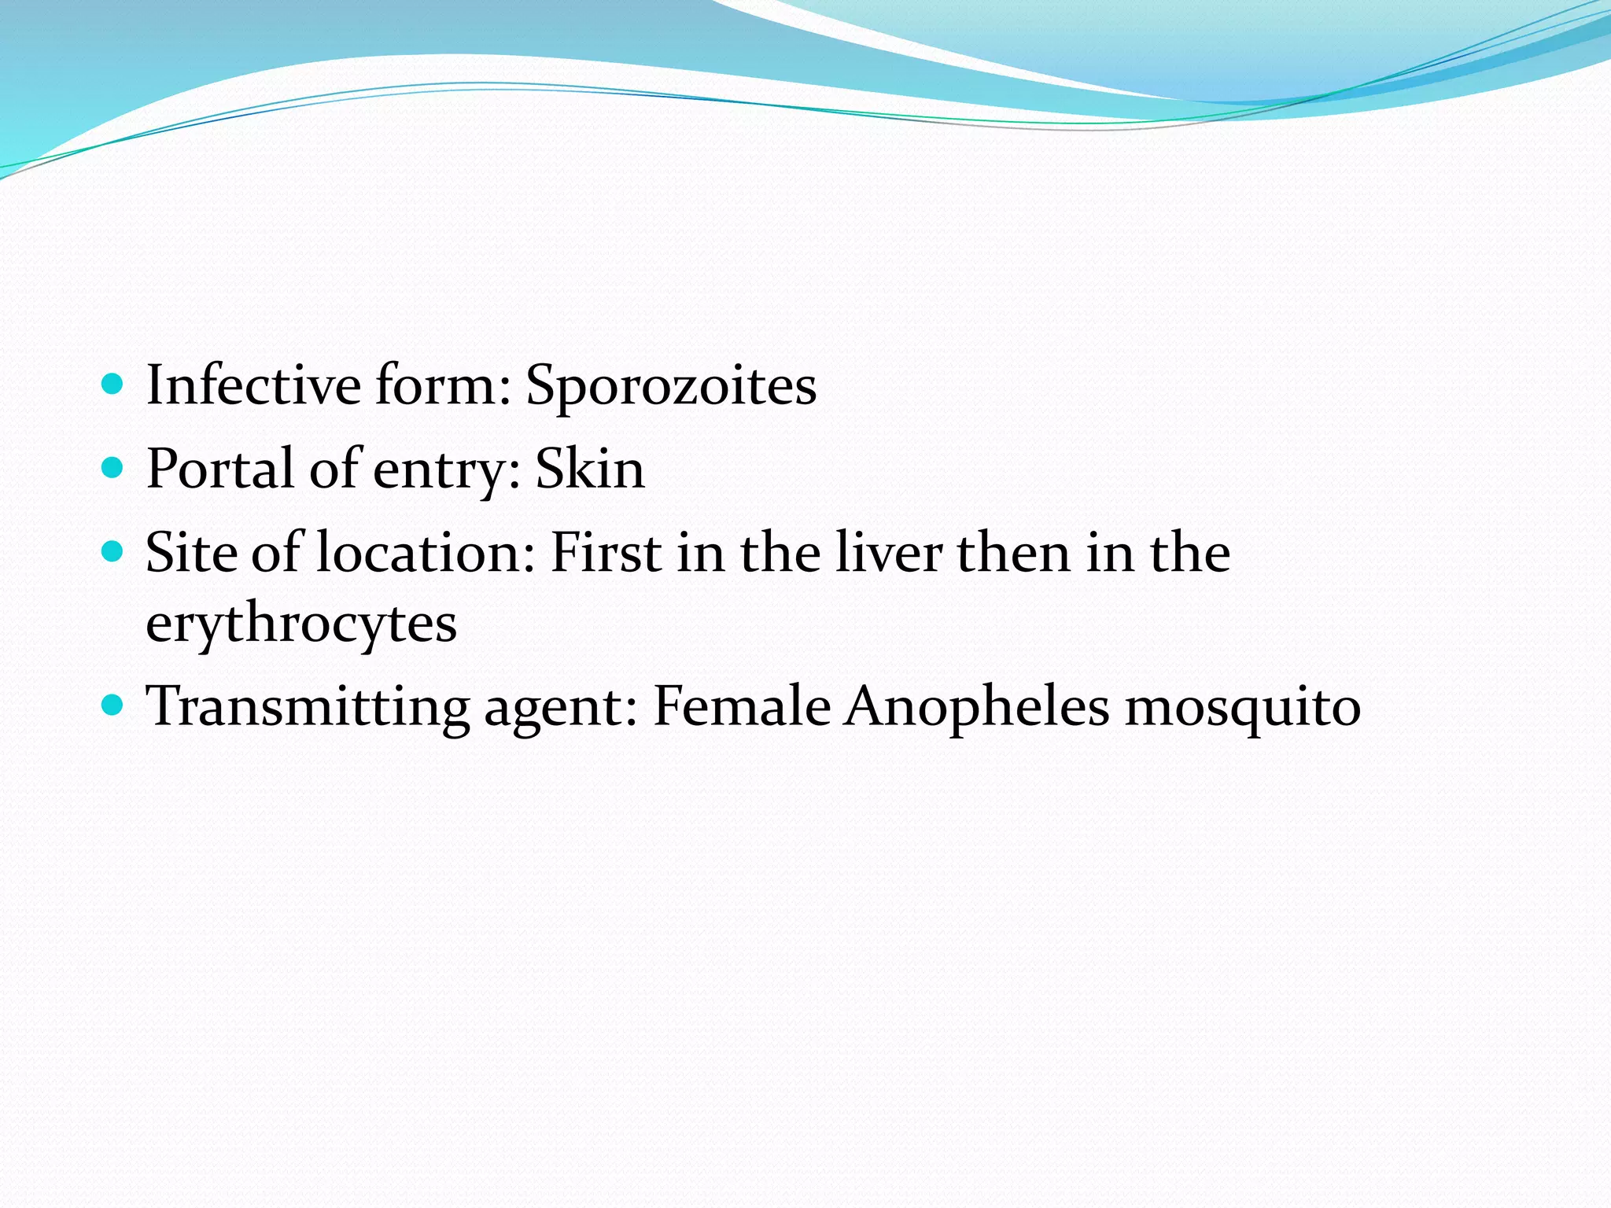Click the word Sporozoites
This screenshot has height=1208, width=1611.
pyautogui.click(x=671, y=385)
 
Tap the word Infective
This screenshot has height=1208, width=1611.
pyautogui.click(x=253, y=385)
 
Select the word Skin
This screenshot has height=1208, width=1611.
pyautogui.click(x=590, y=469)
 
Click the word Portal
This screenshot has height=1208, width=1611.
pyautogui.click(x=220, y=469)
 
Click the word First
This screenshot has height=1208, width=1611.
pyautogui.click(x=606, y=552)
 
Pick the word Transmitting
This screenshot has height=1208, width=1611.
pyautogui.click(x=308, y=706)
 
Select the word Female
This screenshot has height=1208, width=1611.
pyautogui.click(x=742, y=705)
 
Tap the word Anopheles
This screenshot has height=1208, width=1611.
pyautogui.click(x=977, y=706)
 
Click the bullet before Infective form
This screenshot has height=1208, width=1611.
pyautogui.click(x=113, y=385)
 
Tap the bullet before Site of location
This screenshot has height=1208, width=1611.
pyautogui.click(x=113, y=551)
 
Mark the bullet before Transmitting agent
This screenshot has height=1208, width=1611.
pyautogui.click(x=113, y=705)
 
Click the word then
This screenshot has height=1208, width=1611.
pyautogui.click(x=1014, y=552)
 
